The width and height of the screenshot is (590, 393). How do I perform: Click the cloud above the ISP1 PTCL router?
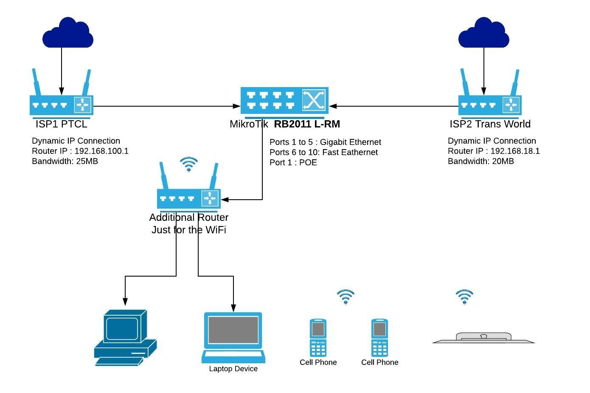67,33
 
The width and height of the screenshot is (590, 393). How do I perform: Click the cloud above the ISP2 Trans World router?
483,33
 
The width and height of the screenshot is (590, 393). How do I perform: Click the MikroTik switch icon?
284,101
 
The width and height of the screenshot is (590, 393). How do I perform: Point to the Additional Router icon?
189,198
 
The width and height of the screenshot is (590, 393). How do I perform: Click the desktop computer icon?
125,338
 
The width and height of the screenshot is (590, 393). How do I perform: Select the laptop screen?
233,330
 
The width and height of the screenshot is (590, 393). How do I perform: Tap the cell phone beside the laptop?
318,338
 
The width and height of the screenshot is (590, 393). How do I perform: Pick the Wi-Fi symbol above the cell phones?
346,297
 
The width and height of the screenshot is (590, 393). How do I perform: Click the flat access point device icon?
483,338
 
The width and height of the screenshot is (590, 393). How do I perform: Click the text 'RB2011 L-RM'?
307,124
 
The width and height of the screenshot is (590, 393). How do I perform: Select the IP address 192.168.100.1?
101,151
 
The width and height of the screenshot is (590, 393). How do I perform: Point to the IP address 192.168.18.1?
515,151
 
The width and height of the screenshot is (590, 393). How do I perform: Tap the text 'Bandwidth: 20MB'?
481,161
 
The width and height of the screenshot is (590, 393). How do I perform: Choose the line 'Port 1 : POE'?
293,163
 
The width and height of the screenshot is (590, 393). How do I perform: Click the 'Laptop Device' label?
233,369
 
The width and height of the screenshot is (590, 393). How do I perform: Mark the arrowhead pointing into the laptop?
233,308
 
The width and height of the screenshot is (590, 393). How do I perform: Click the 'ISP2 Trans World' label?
490,124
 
